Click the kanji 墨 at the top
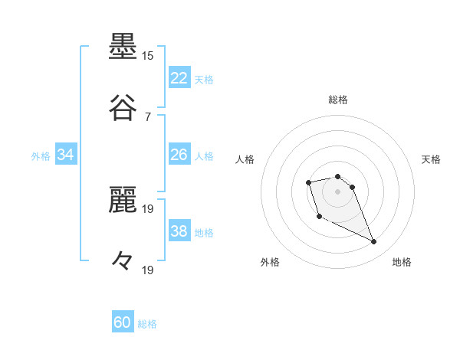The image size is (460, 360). click(123, 47)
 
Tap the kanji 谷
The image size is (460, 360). click(123, 108)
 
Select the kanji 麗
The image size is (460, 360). click(123, 201)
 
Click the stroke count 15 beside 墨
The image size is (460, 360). click(147, 56)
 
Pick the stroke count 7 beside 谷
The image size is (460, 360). click(147, 116)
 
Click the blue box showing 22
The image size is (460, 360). click(179, 77)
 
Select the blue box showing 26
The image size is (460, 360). click(179, 154)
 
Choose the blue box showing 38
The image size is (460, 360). click(179, 231)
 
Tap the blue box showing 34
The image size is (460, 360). click(66, 155)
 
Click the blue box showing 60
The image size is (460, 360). click(123, 322)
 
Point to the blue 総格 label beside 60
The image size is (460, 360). click(147, 324)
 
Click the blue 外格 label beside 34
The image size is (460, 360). click(41, 156)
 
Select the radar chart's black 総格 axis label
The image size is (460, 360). click(338, 100)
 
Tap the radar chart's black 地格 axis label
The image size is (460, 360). click(402, 262)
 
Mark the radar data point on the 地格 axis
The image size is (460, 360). click(374, 242)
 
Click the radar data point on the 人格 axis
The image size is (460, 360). click(308, 182)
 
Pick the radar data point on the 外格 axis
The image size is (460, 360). click(319, 217)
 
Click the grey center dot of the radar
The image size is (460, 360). click(338, 191)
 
